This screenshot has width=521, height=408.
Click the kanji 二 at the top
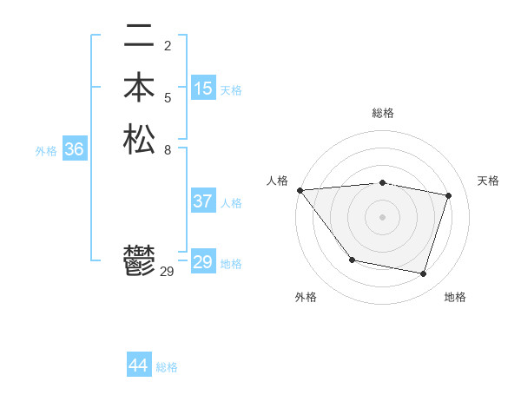tap(139, 36)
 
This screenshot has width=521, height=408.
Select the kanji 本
tap(139, 88)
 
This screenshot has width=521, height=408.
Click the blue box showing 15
tap(203, 89)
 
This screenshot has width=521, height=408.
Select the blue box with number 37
tap(203, 201)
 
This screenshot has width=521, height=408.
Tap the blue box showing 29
tap(203, 262)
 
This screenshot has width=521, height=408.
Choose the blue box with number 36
tap(74, 149)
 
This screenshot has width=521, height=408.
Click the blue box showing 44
tap(138, 365)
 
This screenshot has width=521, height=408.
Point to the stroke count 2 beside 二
tap(167, 46)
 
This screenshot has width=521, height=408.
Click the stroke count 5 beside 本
tap(167, 97)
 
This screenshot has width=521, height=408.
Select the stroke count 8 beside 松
tap(167, 148)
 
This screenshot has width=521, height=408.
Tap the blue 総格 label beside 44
tap(167, 367)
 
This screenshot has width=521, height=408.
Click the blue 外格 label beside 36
tap(46, 151)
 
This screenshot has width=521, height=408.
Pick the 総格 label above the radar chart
tap(382, 113)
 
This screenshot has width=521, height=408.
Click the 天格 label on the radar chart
tap(488, 181)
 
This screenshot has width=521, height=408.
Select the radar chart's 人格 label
tap(277, 181)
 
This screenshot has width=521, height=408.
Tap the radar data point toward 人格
tap(300, 190)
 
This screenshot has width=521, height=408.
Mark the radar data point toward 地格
tap(423, 274)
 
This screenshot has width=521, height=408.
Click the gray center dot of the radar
tap(382, 216)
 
